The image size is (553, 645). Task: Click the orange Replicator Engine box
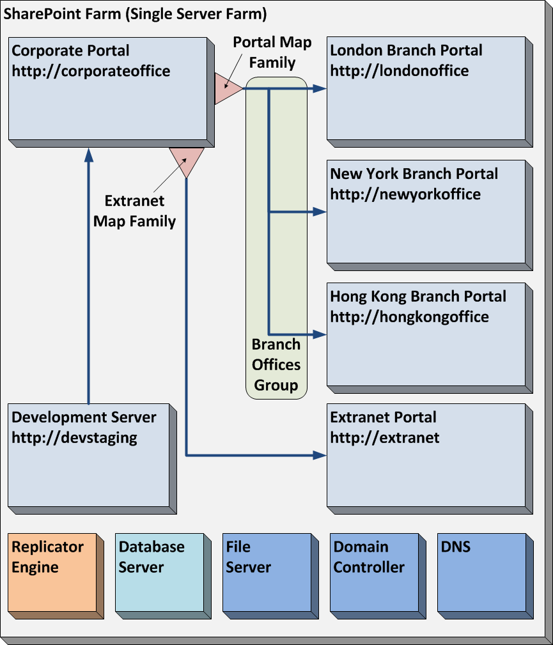click(54, 573)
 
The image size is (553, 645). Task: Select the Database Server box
click(162, 573)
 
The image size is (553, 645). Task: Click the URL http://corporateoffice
click(91, 71)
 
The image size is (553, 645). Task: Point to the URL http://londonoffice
click(400, 71)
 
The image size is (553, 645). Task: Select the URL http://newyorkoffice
click(405, 194)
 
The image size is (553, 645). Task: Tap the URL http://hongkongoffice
click(409, 316)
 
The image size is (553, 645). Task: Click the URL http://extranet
click(385, 438)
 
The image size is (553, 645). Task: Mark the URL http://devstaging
click(75, 438)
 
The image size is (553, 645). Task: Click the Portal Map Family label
click(272, 52)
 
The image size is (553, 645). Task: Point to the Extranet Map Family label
click(134, 211)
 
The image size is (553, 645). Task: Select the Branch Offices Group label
click(276, 365)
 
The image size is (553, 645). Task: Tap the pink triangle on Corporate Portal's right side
click(226, 89)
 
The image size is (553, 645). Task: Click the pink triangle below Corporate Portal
click(187, 160)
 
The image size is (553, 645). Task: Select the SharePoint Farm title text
click(136, 14)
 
